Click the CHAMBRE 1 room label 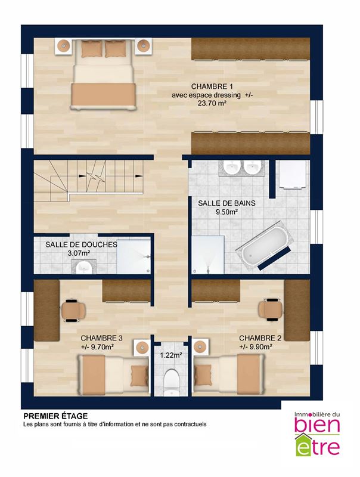(212, 86)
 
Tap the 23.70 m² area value (212, 103)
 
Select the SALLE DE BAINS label (226, 203)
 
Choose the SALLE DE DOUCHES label (81, 244)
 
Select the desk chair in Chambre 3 (73, 311)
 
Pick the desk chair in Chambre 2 (271, 309)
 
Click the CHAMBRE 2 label (260, 338)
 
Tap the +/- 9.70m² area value (97, 346)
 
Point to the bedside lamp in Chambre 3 (141, 347)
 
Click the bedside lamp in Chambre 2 (200, 346)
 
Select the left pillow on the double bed (92, 49)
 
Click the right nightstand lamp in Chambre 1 (142, 46)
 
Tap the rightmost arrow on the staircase (139, 176)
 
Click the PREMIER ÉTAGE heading (55, 416)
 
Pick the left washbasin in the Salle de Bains (232, 168)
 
